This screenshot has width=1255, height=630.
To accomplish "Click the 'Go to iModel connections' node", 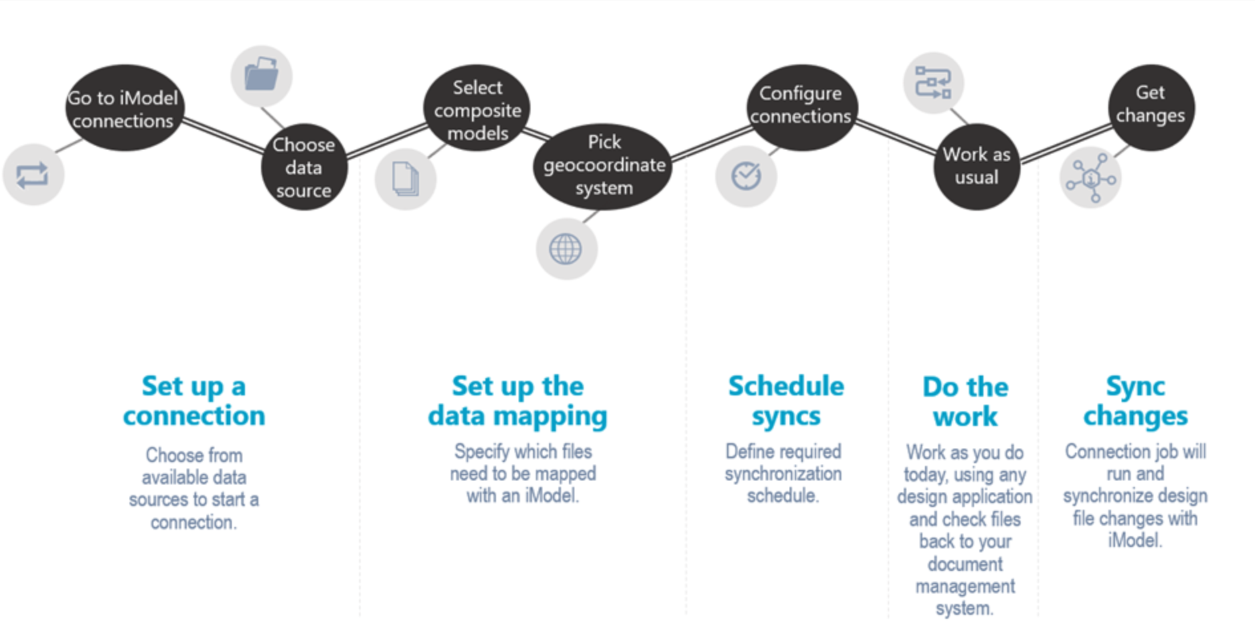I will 124,108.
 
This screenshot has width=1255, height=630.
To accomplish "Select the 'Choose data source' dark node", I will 304,167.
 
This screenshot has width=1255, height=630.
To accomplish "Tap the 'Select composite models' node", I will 477,109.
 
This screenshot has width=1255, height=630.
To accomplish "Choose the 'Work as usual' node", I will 976,166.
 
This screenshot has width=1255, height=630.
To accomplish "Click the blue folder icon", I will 262,75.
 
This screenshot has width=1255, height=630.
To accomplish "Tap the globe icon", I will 566,249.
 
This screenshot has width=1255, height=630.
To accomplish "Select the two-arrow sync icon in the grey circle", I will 33,175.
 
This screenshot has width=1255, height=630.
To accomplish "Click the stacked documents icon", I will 405,179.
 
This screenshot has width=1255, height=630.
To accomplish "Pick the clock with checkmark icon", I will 746,176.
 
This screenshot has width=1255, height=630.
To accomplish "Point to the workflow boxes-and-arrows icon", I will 933,83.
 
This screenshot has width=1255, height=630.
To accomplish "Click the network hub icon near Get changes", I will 1090,178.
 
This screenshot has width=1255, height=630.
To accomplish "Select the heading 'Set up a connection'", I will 194,401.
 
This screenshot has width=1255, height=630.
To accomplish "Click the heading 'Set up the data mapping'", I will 517,401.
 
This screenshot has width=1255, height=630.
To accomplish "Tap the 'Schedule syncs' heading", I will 786,401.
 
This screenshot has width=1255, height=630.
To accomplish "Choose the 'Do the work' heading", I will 965,401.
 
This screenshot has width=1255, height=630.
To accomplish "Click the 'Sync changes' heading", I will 1135,401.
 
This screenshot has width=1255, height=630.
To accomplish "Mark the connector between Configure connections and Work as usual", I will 896,137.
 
